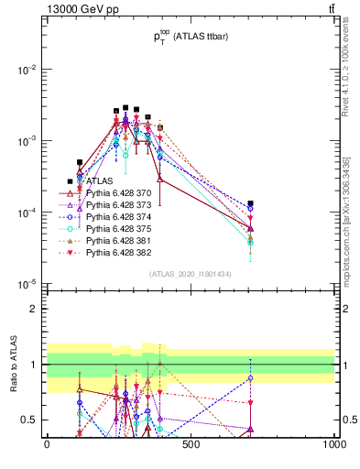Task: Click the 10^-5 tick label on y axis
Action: [x=27, y=283]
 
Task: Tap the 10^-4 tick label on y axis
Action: [x=27, y=213]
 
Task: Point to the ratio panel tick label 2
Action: [x=35, y=309]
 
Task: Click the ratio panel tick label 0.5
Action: [x=31, y=420]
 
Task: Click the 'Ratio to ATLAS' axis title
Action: [x=12, y=364]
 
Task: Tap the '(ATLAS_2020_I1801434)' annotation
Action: [x=190, y=274]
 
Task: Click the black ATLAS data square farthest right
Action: [x=250, y=203]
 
